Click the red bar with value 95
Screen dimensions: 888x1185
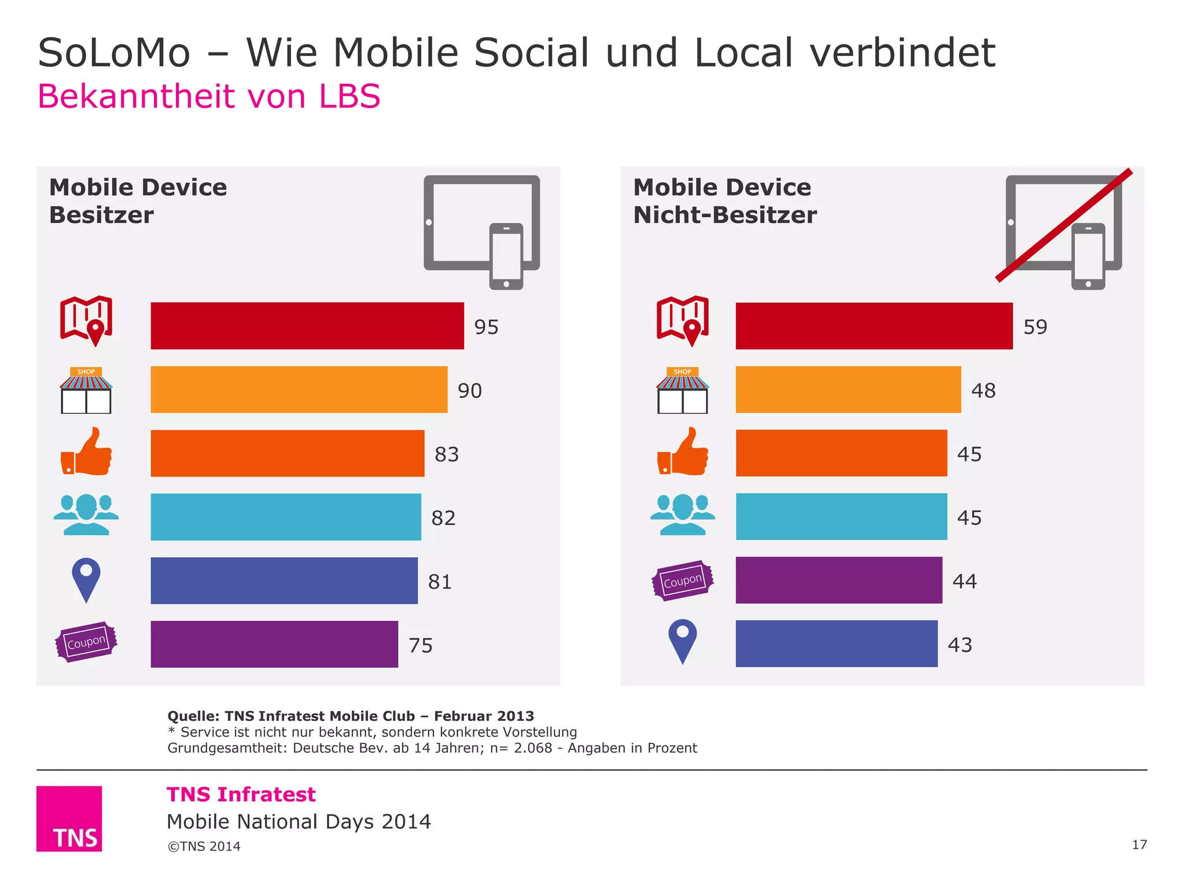pyautogui.click(x=307, y=325)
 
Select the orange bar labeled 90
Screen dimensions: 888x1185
pyautogui.click(x=299, y=389)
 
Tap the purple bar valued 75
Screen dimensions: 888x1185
pyautogui.click(x=274, y=644)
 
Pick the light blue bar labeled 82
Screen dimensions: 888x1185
pyautogui.click(x=286, y=517)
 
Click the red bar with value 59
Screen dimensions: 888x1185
pyautogui.click(x=874, y=325)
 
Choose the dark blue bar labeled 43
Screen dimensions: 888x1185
pyautogui.click(x=836, y=643)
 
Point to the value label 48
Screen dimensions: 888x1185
pyautogui.click(x=983, y=391)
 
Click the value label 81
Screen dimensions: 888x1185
pyautogui.click(x=440, y=582)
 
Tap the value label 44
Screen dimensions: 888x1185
pyautogui.click(x=965, y=581)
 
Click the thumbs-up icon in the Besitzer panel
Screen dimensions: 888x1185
pyautogui.click(x=87, y=452)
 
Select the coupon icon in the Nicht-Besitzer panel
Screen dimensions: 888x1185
pyautogui.click(x=682, y=580)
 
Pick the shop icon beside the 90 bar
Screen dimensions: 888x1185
pyautogui.click(x=86, y=390)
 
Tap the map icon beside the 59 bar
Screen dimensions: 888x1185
pyautogui.click(x=682, y=321)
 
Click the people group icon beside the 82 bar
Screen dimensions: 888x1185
pyautogui.click(x=86, y=515)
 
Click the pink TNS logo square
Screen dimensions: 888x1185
pyautogui.click(x=69, y=818)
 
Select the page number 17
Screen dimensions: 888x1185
pyautogui.click(x=1139, y=845)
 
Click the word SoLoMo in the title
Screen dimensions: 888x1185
pyautogui.click(x=114, y=53)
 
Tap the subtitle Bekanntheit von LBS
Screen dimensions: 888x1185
pyautogui.click(x=209, y=96)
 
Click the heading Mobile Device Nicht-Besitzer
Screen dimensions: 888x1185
pyautogui.click(x=724, y=201)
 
